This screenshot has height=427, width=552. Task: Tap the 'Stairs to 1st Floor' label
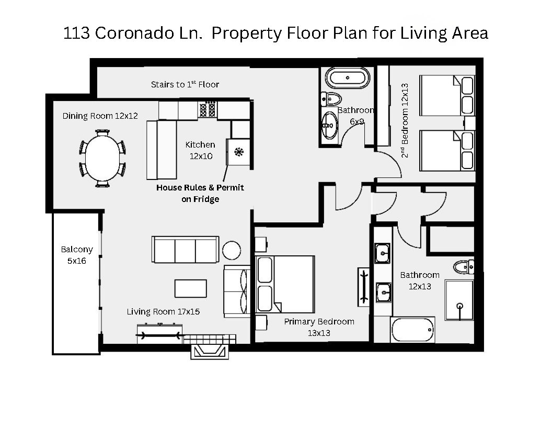pos(185,84)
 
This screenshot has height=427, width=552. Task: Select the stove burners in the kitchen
pos(208,109)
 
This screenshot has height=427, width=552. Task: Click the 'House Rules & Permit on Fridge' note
pos(200,193)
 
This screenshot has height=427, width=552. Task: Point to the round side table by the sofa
pos(232,250)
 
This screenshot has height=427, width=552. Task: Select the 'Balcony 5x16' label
pos(76,255)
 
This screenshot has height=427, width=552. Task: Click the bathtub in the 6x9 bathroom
pos(348,78)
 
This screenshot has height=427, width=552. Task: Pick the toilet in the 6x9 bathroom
pos(331,98)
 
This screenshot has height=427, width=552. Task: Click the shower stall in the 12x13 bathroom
pos(459,300)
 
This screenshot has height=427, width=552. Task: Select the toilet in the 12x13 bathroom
pos(464,267)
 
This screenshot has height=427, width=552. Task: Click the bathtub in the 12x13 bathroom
pos(412,330)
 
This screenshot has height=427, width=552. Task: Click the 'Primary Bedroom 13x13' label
pos(319,327)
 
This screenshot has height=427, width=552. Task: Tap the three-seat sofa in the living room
pos(185,250)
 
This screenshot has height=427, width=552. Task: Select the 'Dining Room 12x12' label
pos(100,116)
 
